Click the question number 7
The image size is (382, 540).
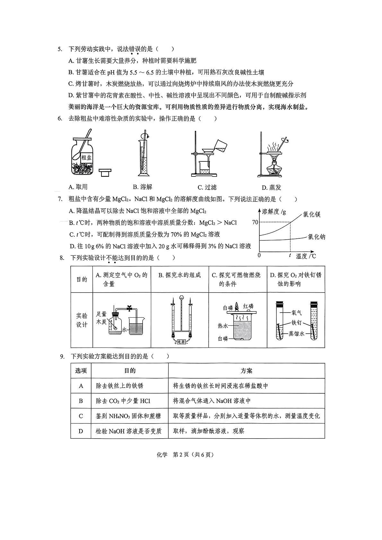click(59, 199)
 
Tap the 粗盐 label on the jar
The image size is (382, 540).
click(86, 158)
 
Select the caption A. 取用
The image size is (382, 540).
click(78, 187)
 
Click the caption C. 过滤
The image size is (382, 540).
click(207, 187)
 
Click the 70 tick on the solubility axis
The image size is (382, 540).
click(255, 222)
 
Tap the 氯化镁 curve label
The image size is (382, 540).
click(311, 214)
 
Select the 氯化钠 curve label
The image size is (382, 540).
click(316, 237)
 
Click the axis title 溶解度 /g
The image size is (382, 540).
click(274, 211)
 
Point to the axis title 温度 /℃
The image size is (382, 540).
click(306, 256)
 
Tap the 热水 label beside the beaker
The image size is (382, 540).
click(223, 326)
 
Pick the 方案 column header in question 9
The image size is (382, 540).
click(246, 371)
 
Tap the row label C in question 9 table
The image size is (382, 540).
click(81, 416)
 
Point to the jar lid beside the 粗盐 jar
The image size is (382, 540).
click(104, 173)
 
